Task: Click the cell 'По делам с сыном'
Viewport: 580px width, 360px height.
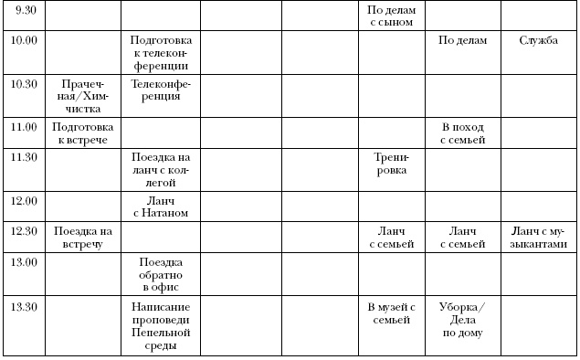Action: coord(391,16)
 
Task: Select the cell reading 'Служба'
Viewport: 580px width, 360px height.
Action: coord(538,40)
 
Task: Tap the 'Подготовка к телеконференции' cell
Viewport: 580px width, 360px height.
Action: coord(160,53)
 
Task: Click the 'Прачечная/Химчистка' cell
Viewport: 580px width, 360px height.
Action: coord(82,95)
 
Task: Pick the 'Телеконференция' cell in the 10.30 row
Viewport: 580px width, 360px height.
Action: coord(160,89)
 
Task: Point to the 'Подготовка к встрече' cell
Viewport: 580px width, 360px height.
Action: coord(82,132)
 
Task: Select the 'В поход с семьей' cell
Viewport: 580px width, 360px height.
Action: coord(463,132)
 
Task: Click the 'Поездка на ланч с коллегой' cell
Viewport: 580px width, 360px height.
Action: coord(160,169)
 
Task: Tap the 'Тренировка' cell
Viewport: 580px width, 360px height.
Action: coord(391,163)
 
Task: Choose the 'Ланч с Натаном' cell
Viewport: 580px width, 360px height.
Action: coord(160,206)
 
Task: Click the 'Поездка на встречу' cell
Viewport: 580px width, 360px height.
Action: coord(82,237)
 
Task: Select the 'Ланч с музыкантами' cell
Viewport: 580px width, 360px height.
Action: coord(538,237)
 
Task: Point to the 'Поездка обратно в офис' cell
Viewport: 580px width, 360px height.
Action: coord(160,274)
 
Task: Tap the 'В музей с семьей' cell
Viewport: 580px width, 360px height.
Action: coord(391,313)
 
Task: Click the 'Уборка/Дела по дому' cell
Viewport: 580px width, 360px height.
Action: coord(463,320)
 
